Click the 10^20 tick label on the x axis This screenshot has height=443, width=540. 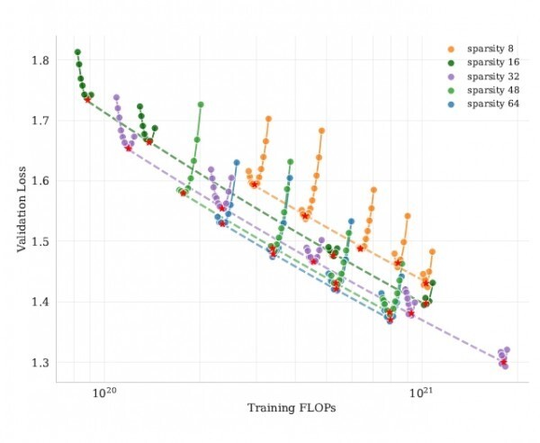pos(105,393)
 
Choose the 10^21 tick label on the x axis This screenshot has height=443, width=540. pos(419,393)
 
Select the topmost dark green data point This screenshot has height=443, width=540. pos(77,52)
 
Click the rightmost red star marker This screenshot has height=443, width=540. pos(503,362)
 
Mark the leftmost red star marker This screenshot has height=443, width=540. pos(87,100)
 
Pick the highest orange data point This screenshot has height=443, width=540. pos(268,119)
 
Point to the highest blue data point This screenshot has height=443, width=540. pos(237,163)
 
